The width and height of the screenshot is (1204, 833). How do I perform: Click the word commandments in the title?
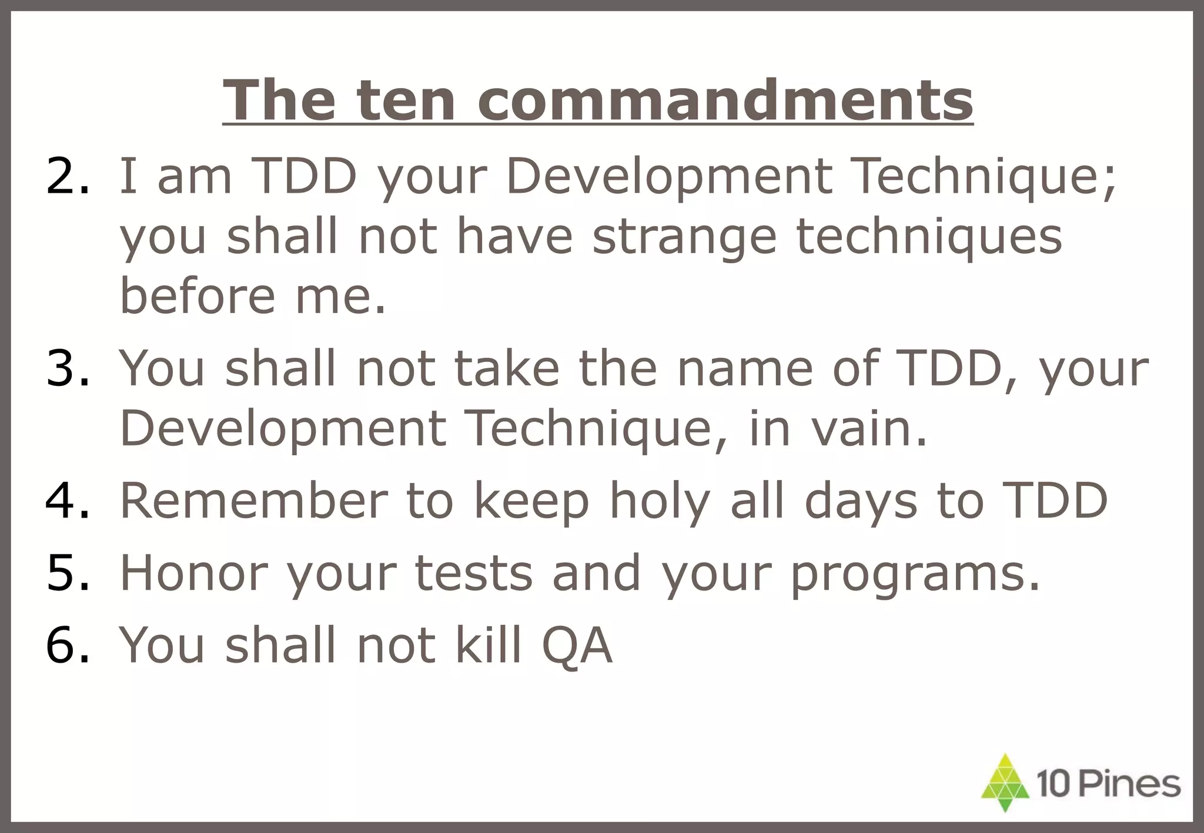pos(725,100)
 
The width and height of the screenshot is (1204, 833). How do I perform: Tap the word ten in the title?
pos(406,100)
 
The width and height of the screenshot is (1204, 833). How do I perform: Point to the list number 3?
pos(68,368)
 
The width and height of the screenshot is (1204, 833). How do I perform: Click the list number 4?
pos(68,501)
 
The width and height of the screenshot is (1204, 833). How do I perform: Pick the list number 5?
pos(68,573)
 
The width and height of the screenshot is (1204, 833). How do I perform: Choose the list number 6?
pos(68,644)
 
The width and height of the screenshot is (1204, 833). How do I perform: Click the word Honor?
pos(194,573)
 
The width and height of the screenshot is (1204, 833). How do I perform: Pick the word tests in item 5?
pos(473,573)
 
